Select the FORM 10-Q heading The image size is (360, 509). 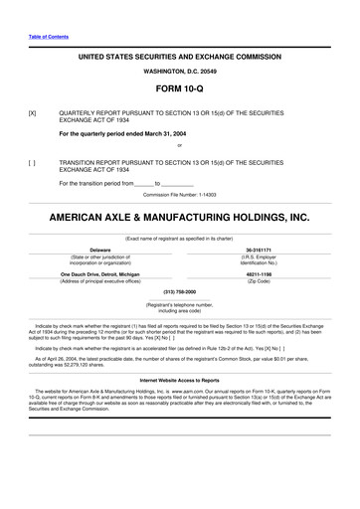[x=180, y=89]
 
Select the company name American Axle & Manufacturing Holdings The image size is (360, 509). [x=180, y=215]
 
